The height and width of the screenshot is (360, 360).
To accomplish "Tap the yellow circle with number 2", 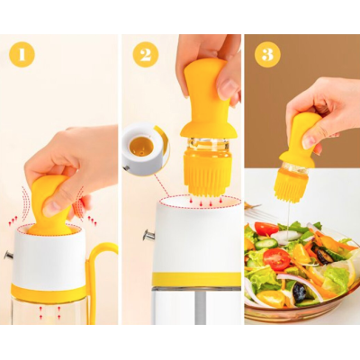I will click(146, 55).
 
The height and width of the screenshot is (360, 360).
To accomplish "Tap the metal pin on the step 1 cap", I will click(8, 256).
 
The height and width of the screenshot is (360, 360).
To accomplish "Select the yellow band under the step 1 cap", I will click(50, 293).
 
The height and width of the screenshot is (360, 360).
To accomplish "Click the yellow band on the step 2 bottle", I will click(196, 279).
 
